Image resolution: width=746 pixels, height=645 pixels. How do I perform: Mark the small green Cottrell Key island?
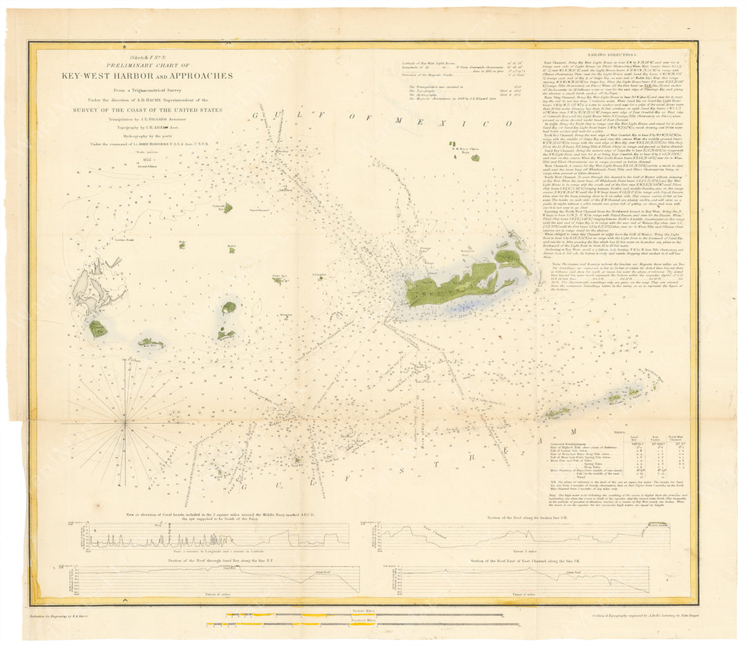(227, 207)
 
